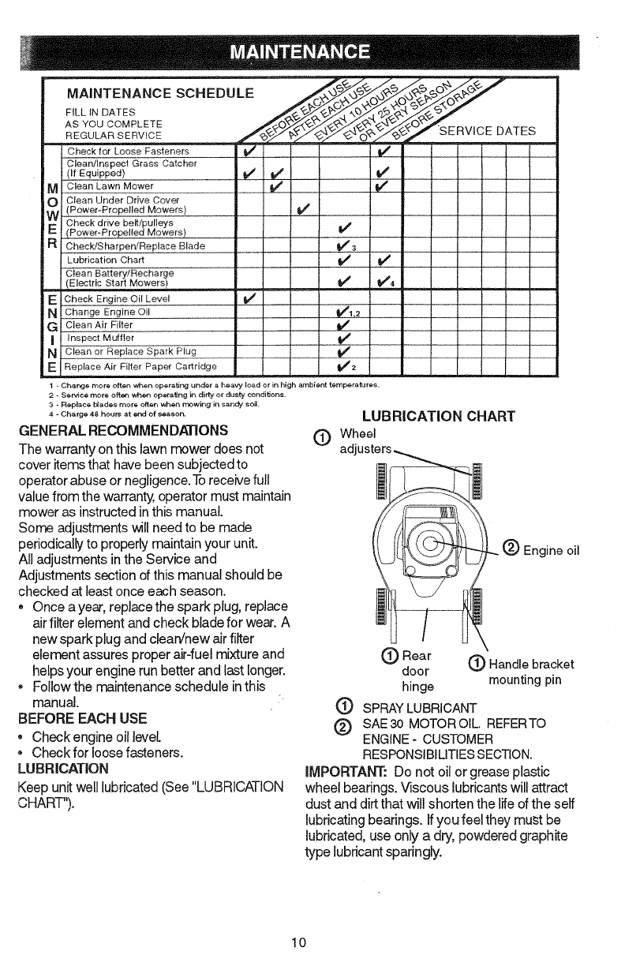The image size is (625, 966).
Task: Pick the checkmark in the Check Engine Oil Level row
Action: [x=247, y=298]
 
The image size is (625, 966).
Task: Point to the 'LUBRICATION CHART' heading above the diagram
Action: [x=438, y=416]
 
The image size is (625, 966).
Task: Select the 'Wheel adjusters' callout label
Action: [x=363, y=442]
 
